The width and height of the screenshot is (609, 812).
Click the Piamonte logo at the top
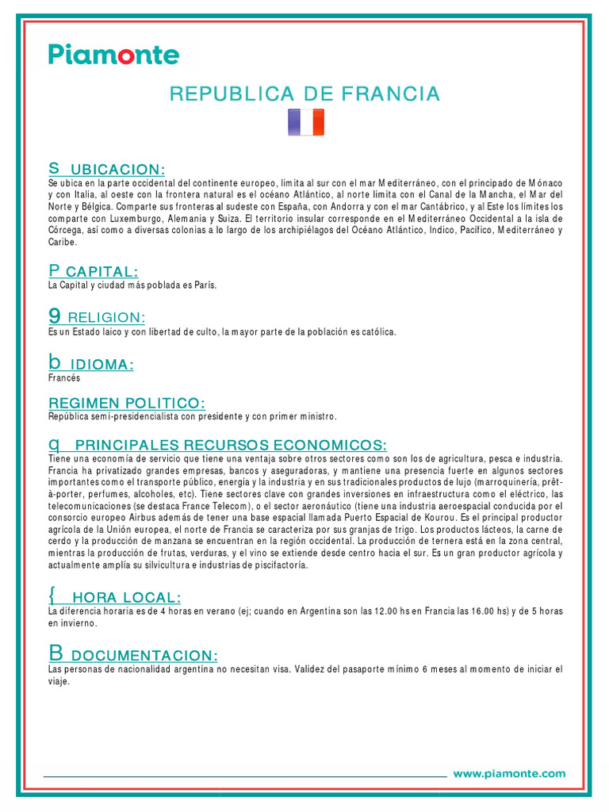coord(113,55)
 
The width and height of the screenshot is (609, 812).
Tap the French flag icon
coord(305,122)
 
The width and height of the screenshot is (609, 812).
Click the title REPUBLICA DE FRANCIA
coord(304,94)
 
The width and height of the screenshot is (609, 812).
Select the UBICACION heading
coord(117,170)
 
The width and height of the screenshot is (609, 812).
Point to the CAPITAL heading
coord(103,272)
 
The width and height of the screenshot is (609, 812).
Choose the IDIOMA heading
coord(102,365)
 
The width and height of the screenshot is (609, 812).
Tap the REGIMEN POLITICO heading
coord(127,404)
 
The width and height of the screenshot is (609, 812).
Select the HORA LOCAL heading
coord(126,597)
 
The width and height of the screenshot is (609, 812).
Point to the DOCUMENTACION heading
coord(144,656)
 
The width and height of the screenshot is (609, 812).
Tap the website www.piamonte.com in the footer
coord(509,774)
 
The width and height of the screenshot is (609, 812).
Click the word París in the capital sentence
coord(205,285)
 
